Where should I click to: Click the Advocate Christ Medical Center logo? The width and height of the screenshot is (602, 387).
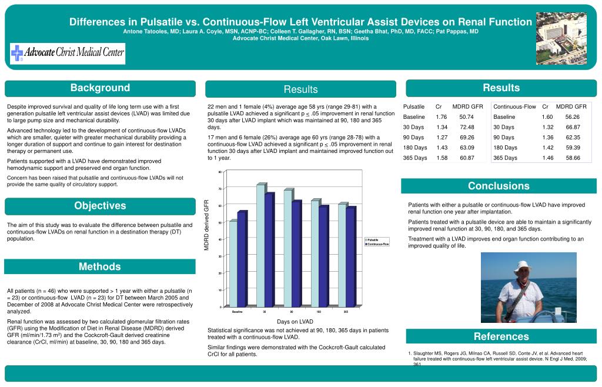(68, 54)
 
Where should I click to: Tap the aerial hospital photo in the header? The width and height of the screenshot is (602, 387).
(561, 38)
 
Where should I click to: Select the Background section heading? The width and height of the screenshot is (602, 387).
(100, 88)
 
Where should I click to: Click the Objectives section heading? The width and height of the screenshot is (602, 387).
(100, 206)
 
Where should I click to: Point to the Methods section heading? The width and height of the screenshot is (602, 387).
(100, 267)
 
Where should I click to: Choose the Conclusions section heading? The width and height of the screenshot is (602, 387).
(499, 186)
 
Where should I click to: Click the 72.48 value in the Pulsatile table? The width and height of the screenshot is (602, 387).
(467, 127)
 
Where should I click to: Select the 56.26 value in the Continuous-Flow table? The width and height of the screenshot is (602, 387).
(572, 117)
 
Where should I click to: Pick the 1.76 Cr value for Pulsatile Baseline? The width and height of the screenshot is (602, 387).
(442, 117)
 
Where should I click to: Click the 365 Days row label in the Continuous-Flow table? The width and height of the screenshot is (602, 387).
(505, 158)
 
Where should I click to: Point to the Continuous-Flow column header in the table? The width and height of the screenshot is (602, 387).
(514, 106)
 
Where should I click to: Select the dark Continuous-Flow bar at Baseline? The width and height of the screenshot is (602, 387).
(241, 259)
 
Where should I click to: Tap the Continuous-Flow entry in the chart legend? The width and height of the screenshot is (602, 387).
(377, 243)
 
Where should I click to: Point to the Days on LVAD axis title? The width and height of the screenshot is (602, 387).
(295, 322)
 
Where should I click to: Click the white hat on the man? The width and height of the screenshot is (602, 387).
(521, 266)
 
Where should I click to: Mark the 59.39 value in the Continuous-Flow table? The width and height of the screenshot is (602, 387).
(572, 148)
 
